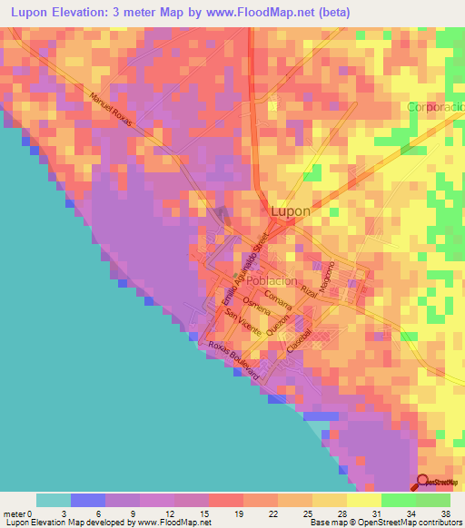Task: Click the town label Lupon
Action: pyautogui.click(x=291, y=211)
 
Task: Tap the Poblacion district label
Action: pyautogui.click(x=272, y=281)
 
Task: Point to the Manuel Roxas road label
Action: pyautogui.click(x=113, y=111)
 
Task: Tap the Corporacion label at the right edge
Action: pyautogui.click(x=436, y=106)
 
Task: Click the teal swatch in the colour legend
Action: pyautogui.click(x=54, y=500)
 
